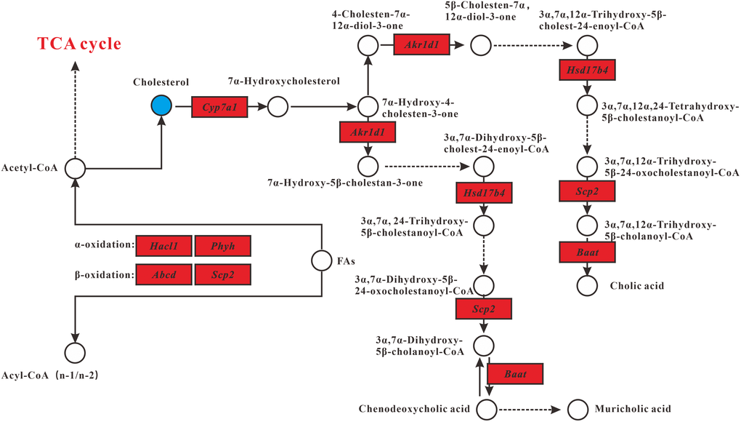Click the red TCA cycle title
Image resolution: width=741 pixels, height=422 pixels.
tap(80, 44)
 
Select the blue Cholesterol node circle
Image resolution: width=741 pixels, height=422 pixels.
tap(161, 106)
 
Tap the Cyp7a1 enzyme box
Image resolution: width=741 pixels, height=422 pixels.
tap(219, 107)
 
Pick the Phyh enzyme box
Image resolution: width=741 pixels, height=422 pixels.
tap(223, 246)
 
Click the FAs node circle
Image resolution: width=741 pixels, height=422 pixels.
tap(322, 260)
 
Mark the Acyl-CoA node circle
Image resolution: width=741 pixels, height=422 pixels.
tap(75, 353)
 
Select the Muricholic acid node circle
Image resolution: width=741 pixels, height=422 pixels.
tap(578, 409)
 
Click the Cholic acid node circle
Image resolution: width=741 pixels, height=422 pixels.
tap(587, 285)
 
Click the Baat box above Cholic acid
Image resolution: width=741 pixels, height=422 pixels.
tap(587, 252)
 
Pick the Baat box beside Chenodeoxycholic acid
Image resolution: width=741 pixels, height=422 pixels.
tap(515, 374)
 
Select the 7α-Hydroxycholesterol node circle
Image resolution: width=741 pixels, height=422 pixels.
tap(278, 107)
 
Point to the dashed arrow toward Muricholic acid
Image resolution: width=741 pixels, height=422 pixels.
tap(530, 409)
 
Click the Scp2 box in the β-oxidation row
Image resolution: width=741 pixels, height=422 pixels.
tap(223, 274)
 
